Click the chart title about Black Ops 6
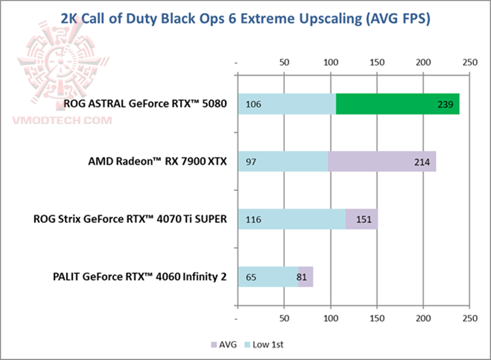[245, 19]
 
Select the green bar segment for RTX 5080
[398, 104]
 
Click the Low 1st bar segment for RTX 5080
[286, 104]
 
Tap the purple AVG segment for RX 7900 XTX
[382, 162]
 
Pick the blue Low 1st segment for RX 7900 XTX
[283, 162]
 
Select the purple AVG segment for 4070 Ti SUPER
[361, 219]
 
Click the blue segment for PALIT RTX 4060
[268, 276]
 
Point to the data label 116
[253, 220]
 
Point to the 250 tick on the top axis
[469, 62]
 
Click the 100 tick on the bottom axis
[330, 318]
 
